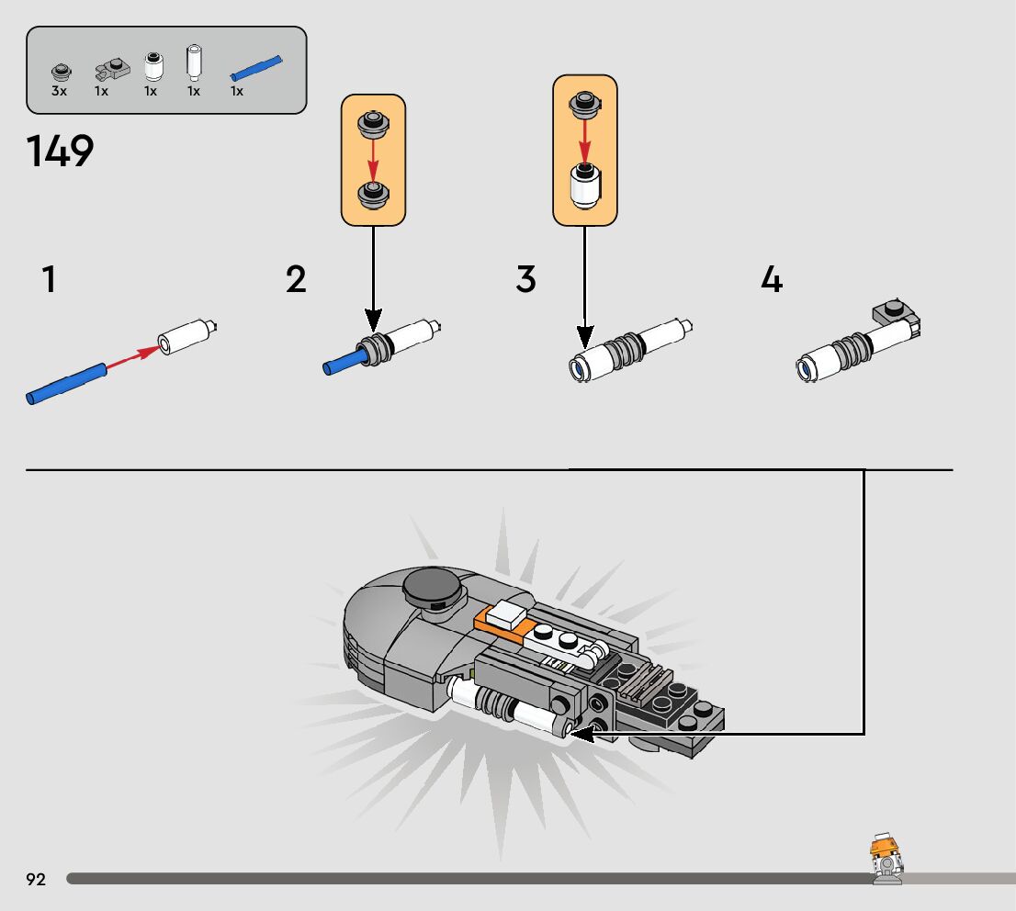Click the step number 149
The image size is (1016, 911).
click(x=61, y=152)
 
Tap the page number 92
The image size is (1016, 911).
click(x=36, y=880)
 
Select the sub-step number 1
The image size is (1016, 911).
click(x=48, y=280)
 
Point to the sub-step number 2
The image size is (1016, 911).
click(x=296, y=280)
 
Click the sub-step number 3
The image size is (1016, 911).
click(x=525, y=280)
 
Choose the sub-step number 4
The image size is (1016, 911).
click(x=772, y=280)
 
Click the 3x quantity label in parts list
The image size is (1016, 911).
click(x=60, y=91)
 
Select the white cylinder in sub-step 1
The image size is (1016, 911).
click(x=186, y=336)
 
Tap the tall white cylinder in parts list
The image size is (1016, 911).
click(x=194, y=62)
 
